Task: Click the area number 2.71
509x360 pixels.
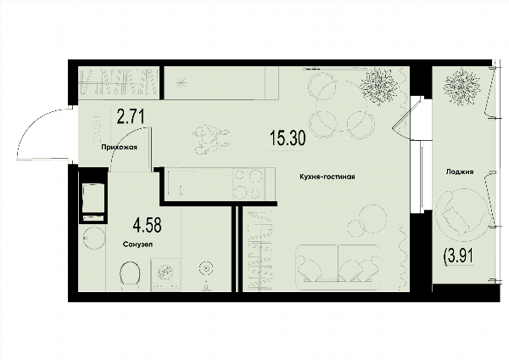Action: click(131, 117)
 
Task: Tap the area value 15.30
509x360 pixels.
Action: click(288, 138)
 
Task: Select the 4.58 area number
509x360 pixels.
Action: click(147, 225)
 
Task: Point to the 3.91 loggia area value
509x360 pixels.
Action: click(458, 256)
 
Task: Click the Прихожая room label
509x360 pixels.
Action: click(119, 147)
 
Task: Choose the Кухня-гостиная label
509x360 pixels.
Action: click(327, 177)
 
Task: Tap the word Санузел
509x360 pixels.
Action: click(138, 245)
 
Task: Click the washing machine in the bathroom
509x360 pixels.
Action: click(166, 274)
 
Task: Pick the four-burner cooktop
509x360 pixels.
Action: click(249, 184)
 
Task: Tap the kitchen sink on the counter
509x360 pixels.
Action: click(181, 183)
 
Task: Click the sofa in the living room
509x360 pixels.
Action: click(338, 267)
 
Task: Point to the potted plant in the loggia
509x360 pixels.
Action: click(462, 86)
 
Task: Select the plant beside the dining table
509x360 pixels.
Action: click(379, 86)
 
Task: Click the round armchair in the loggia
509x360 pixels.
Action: click(461, 215)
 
